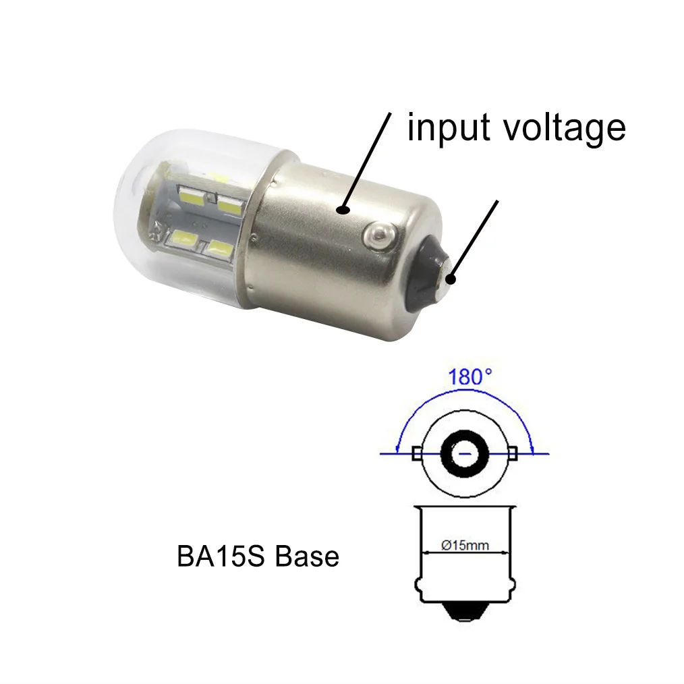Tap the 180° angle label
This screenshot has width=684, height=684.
469,377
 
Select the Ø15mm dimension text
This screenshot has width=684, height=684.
465,546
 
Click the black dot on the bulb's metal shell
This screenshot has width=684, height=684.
344,210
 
